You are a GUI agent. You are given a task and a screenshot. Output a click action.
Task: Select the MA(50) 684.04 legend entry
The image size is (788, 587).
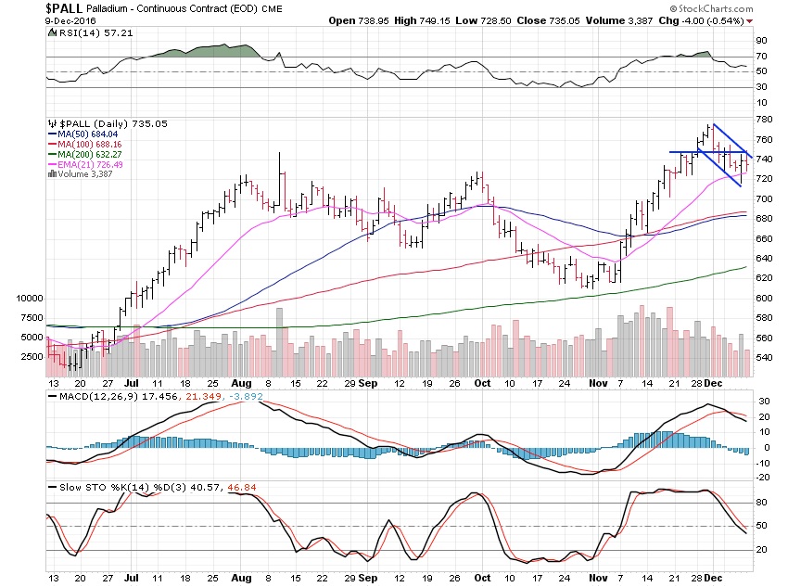[x=84, y=135]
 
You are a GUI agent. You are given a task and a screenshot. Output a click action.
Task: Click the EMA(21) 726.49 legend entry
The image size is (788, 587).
[x=87, y=164]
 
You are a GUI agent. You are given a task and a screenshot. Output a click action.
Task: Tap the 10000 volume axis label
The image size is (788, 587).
[x=31, y=299]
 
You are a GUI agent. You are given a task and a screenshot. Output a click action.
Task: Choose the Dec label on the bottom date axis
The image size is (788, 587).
[x=714, y=576]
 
